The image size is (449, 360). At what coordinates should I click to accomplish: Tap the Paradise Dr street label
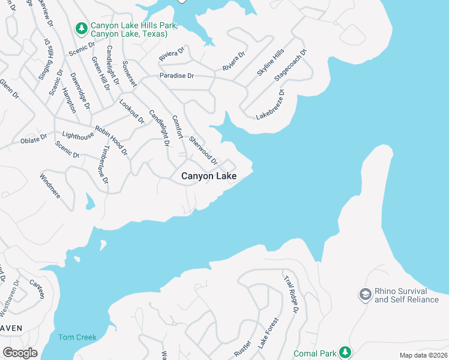(x=176, y=76)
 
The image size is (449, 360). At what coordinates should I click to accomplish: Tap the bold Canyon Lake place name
(x=209, y=176)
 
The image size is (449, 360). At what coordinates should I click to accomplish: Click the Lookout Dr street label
(x=132, y=111)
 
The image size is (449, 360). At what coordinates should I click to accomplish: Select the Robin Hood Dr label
(x=111, y=140)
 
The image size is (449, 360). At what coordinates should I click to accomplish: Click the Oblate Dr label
(x=34, y=139)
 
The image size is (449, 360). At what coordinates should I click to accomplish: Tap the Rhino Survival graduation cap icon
(x=364, y=295)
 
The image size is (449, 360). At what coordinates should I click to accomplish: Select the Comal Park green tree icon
(x=345, y=352)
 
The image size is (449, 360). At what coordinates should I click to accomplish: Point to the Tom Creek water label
(x=77, y=337)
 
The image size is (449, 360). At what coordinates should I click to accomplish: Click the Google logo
(x=20, y=353)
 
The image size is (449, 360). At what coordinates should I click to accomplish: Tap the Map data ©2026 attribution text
(x=423, y=355)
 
